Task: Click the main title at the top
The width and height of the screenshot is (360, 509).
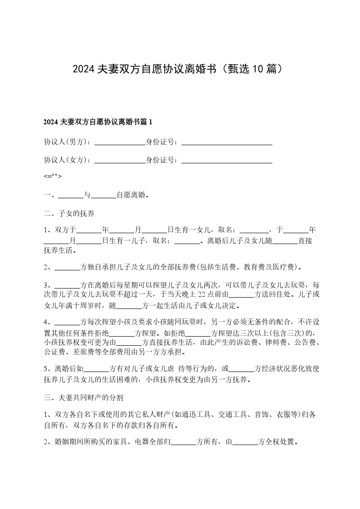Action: [180, 69]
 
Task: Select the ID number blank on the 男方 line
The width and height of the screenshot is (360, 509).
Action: [227, 142]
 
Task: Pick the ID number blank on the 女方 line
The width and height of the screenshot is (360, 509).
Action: [227, 160]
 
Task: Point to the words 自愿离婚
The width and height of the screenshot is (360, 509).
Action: [131, 195]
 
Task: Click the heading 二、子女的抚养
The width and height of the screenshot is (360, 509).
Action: [69, 213]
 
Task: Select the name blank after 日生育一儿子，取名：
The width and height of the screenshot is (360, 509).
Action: [187, 241]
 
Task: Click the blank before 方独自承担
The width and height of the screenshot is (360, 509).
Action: [67, 267]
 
